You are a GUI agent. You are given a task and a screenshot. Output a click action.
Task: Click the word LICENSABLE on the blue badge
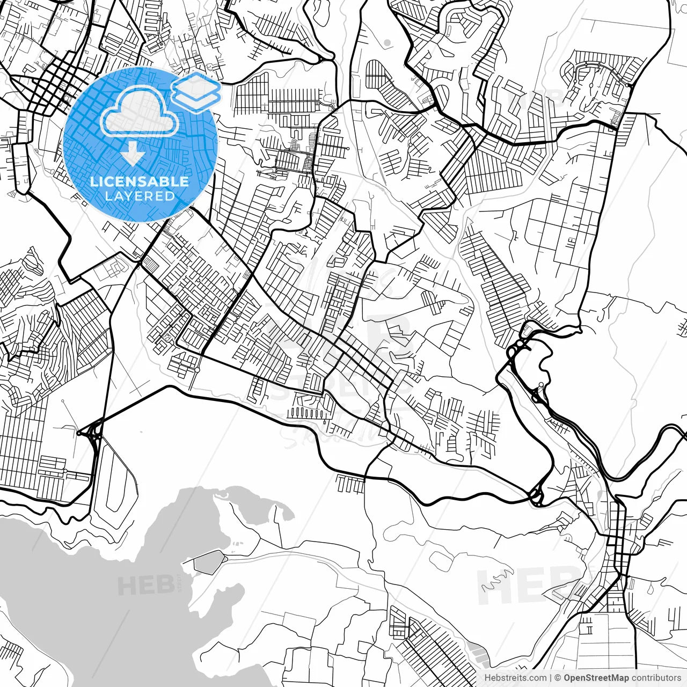(x=140, y=181)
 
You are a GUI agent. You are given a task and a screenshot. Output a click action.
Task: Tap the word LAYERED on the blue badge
(x=140, y=196)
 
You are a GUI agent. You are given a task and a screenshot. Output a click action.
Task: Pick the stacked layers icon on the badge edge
(x=196, y=91)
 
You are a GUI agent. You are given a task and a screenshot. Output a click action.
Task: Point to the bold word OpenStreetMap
(x=596, y=678)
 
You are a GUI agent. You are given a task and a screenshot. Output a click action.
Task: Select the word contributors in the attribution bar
(x=656, y=678)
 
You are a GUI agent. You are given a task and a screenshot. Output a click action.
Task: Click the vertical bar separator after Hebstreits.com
(x=551, y=678)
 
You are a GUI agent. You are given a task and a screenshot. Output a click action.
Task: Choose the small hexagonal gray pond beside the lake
(x=208, y=561)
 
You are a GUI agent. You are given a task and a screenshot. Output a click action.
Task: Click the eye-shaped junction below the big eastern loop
(x=536, y=496)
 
